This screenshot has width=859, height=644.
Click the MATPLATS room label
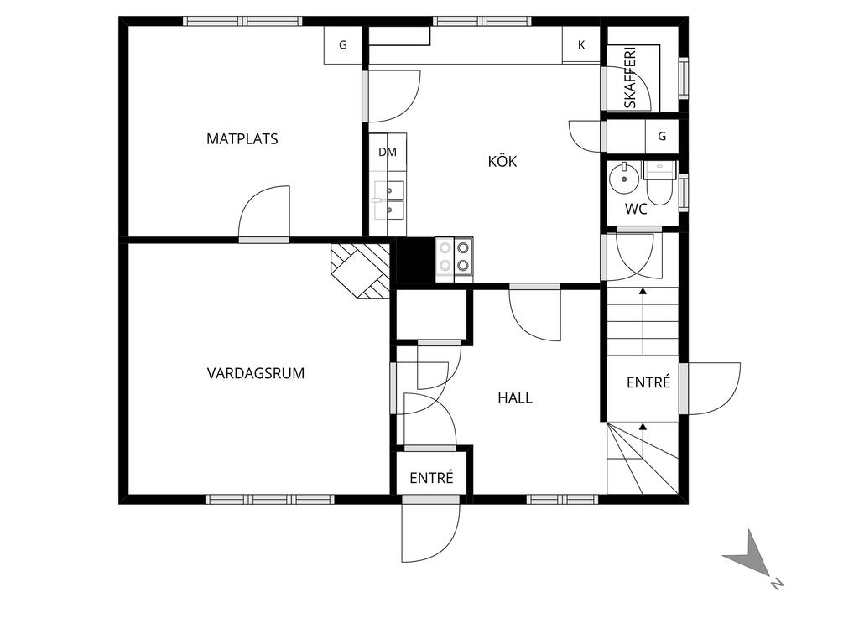(242, 139)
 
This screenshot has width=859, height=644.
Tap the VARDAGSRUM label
(255, 373)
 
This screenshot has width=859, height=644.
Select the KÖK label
(502, 162)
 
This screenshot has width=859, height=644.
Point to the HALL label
(515, 398)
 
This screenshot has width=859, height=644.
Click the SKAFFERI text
(630, 78)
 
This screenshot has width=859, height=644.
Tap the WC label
(636, 209)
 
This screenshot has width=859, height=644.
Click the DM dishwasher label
(388, 153)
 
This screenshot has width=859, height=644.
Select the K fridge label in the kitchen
(581, 45)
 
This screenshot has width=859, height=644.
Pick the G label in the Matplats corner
(343, 45)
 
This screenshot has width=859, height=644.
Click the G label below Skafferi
(662, 136)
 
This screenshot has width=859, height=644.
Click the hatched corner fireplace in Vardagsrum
(360, 271)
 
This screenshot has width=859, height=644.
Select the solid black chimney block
(415, 261)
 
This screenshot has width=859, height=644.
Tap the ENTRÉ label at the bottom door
(432, 478)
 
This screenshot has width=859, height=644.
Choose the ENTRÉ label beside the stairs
(648, 382)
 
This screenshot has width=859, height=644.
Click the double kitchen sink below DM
(389, 200)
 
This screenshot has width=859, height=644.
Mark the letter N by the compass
(776, 584)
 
